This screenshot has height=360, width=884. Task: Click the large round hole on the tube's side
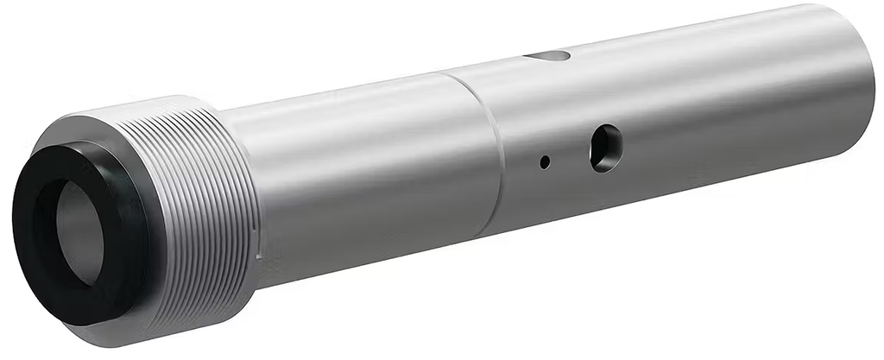coord(604,147)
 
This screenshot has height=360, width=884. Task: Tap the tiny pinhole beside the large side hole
coord(544,161)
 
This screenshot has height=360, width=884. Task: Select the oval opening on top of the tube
coord(547,56)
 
